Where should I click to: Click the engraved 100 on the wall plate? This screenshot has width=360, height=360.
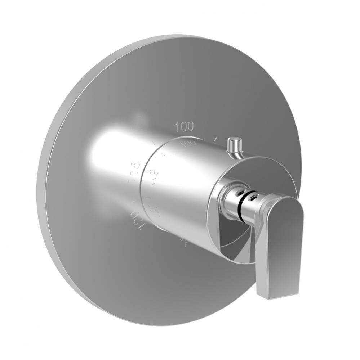click(184, 126)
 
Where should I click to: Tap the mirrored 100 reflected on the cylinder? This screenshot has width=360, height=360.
click(188, 143)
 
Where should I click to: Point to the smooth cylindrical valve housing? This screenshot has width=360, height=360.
click(180, 187)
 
